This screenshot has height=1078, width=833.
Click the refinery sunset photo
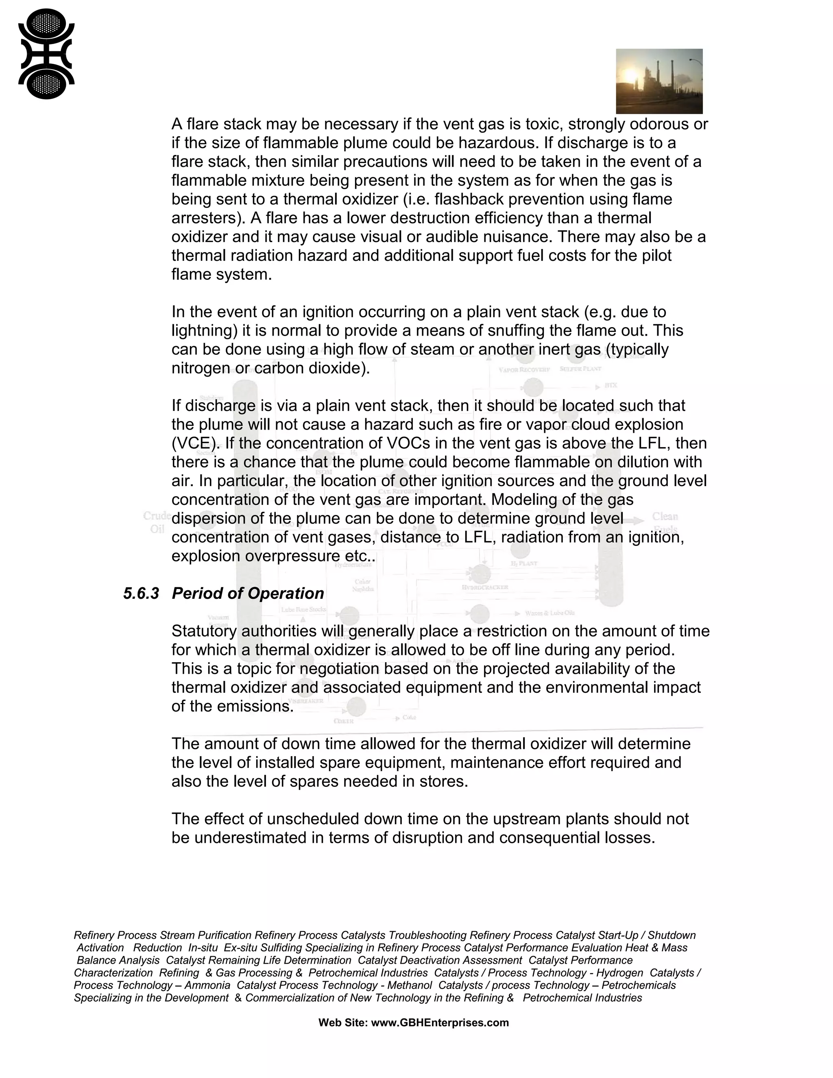pyautogui.click(x=659, y=81)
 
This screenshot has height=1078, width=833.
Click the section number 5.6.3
pyautogui.click(x=141, y=593)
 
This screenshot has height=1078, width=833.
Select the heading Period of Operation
pyautogui.click(x=248, y=593)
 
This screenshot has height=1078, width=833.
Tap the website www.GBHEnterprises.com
pyautogui.click(x=439, y=1023)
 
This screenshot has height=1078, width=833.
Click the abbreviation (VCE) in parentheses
pyautogui.click(x=194, y=443)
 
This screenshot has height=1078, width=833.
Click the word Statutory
pyautogui.click(x=204, y=631)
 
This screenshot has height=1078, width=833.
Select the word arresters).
pyautogui.click(x=208, y=218)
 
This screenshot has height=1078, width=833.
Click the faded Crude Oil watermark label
pyautogui.click(x=157, y=522)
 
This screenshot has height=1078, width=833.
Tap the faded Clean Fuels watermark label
pyautogui.click(x=665, y=522)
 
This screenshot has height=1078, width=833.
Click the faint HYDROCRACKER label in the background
pyautogui.click(x=484, y=587)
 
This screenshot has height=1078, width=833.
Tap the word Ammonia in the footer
pyautogui.click(x=207, y=985)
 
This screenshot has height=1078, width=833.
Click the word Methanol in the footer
pyautogui.click(x=409, y=985)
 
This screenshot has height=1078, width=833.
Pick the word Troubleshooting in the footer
pyautogui.click(x=427, y=935)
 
